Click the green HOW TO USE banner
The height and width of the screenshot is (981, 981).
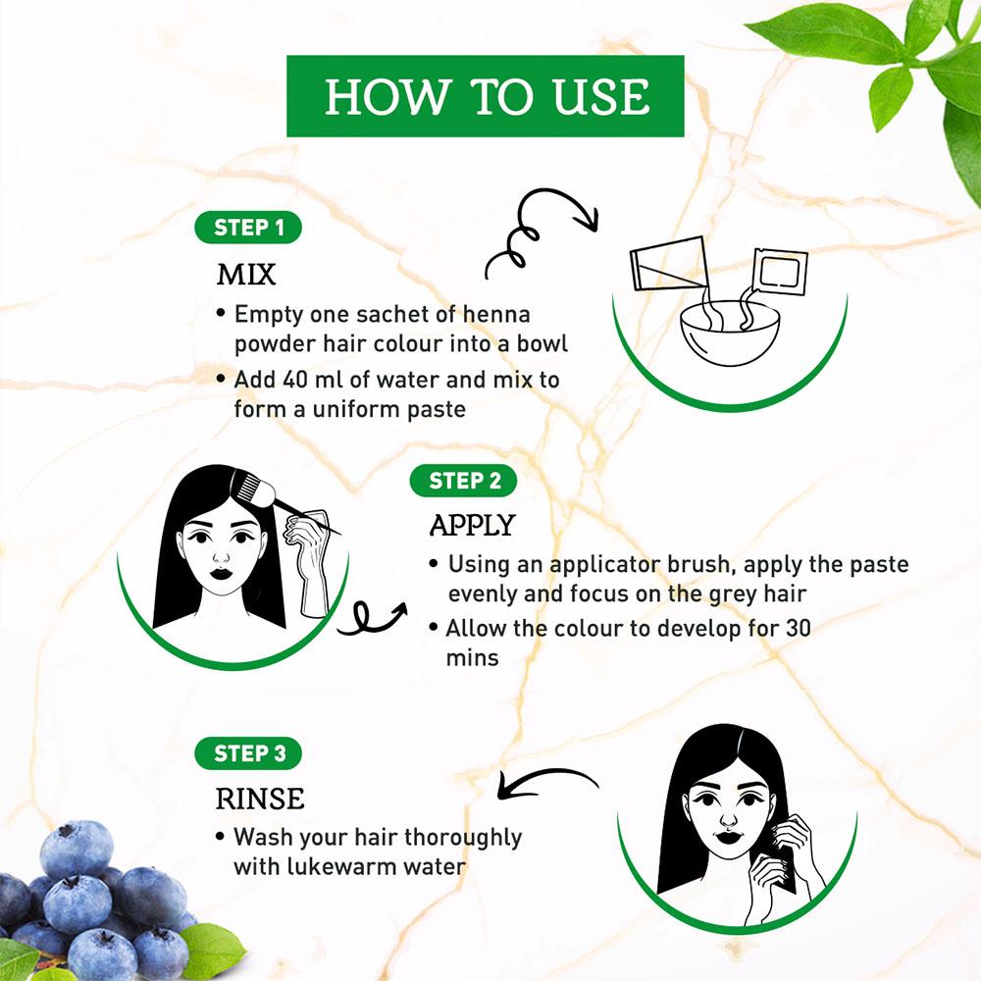(x=485, y=96)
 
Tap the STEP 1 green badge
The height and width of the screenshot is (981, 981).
(x=248, y=228)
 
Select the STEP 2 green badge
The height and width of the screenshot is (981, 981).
(x=464, y=481)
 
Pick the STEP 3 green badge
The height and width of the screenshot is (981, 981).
(x=248, y=753)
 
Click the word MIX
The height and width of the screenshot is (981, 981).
(x=246, y=275)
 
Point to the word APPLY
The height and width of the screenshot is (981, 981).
(x=473, y=524)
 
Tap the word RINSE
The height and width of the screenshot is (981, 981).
(x=260, y=799)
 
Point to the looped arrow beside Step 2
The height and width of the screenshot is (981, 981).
(x=372, y=618)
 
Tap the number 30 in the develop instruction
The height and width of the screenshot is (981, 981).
(x=798, y=628)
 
